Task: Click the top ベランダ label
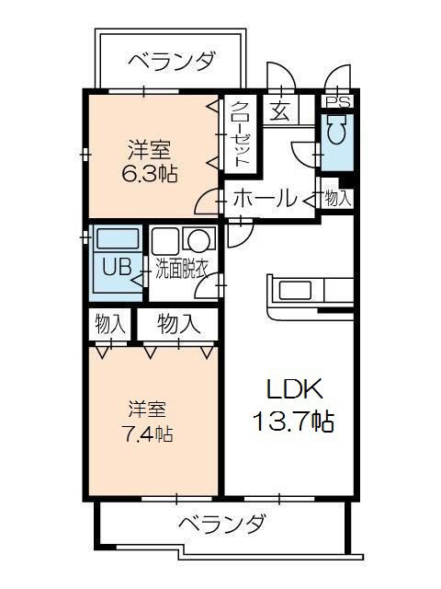click(x=173, y=61)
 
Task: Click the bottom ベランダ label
click(x=222, y=524)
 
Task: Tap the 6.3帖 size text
click(x=149, y=174)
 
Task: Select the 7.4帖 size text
click(x=147, y=434)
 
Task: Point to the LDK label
click(x=294, y=389)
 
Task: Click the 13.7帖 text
click(x=294, y=422)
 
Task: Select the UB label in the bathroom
click(x=118, y=268)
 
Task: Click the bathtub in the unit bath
click(x=118, y=238)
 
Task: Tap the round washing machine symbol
click(x=198, y=239)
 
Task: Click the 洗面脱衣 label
click(x=182, y=270)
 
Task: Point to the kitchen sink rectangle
click(x=295, y=290)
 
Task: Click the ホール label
click(x=265, y=199)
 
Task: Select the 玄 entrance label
click(x=280, y=110)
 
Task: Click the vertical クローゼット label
click(x=240, y=134)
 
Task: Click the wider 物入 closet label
click(x=179, y=324)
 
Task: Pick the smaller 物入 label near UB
click(x=110, y=324)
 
